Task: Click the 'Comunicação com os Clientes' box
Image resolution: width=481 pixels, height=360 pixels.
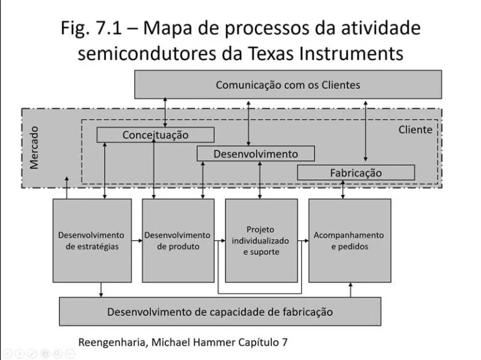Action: pos(287,85)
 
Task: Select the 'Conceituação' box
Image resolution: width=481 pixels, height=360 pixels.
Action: pos(155,135)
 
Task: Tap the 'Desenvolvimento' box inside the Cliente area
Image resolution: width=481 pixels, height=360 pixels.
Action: pos(256,153)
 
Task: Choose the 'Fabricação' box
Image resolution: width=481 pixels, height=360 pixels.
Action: pos(355,172)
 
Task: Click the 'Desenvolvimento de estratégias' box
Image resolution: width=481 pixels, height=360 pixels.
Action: pos(91,240)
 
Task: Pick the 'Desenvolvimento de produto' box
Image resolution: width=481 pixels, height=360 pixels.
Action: pos(177,240)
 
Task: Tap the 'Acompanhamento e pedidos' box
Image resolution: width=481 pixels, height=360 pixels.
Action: pos(349,240)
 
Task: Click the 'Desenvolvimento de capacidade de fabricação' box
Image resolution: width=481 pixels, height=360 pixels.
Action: pos(220,311)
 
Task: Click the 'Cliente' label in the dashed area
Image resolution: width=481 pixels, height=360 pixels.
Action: pos(415,130)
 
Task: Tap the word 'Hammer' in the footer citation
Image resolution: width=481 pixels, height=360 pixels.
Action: pos(208,342)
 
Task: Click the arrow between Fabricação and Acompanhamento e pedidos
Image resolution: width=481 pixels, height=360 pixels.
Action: pos(343,189)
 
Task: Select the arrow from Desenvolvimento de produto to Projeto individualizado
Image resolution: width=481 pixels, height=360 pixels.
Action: pos(219,240)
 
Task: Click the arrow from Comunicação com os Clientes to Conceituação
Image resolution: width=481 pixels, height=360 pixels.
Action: pos(165,113)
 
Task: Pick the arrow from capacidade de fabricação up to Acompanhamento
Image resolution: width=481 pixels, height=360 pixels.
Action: pos(350,289)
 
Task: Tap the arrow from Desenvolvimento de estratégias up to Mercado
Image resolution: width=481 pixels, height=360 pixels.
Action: pos(66,188)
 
